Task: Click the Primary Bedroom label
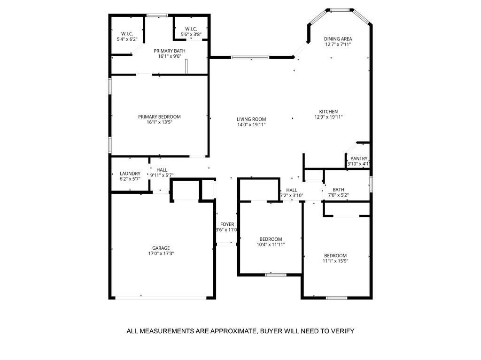coord(159,116)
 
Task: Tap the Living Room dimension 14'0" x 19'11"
coord(251,124)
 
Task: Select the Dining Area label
coord(338,39)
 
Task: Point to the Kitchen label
coord(328,112)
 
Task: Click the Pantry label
coord(359,159)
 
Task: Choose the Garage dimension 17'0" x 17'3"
coord(161,253)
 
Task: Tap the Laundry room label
coord(130,174)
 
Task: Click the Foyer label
coord(227,224)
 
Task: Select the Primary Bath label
coord(169,51)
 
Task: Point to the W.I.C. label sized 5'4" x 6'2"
coord(127,34)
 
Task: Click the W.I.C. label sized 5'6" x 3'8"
coord(191,29)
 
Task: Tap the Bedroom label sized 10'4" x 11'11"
coord(271,239)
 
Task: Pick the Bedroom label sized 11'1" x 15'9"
coord(335,256)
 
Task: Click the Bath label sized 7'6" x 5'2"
coord(338,190)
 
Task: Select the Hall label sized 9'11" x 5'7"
coord(162,170)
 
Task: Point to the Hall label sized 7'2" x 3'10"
coord(291,190)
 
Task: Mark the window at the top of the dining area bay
coord(340,10)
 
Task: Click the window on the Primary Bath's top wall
coord(157,15)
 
